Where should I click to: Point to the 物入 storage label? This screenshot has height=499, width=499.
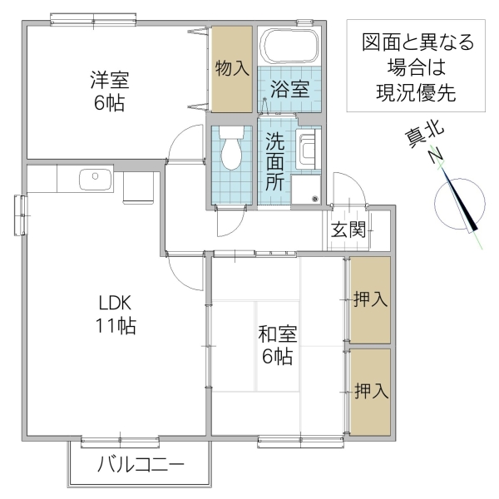(x=231, y=68)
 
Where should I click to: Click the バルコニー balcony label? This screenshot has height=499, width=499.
(x=140, y=464)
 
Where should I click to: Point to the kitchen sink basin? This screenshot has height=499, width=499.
(x=91, y=177)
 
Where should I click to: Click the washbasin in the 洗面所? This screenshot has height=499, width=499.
(x=307, y=151)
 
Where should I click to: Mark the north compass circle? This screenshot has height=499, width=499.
(x=460, y=204)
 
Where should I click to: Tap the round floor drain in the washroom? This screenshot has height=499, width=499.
(x=314, y=198)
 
